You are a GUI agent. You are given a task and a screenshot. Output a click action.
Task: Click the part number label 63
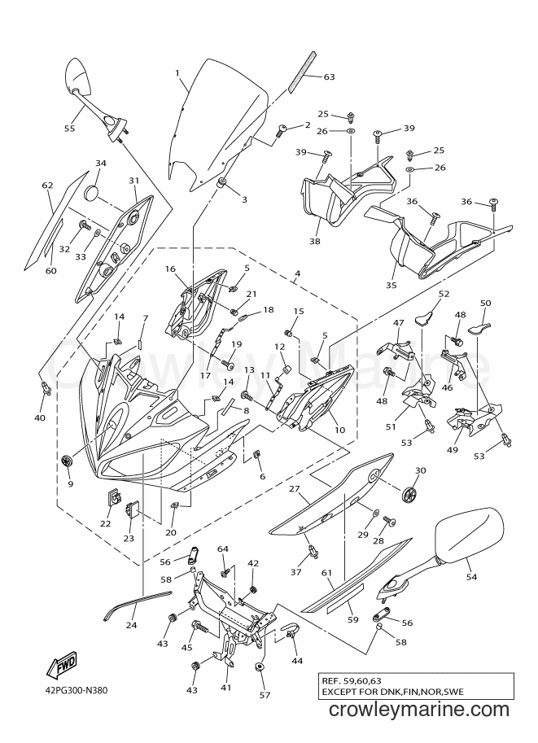click(x=330, y=76)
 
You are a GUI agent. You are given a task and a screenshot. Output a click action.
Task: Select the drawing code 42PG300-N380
click(x=73, y=690)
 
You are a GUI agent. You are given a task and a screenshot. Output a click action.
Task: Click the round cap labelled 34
click(x=92, y=194)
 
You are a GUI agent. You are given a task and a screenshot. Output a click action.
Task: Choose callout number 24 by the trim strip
click(x=132, y=625)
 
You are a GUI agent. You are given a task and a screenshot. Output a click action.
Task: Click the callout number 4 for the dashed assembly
click(x=297, y=274)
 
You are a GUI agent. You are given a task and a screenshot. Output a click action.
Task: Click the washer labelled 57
click(x=260, y=667)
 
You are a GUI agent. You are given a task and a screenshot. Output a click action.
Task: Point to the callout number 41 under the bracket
click(x=226, y=687)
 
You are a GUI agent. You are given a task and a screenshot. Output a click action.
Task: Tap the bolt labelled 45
click(x=201, y=628)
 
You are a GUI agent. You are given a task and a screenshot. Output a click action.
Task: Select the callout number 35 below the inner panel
click(x=391, y=286)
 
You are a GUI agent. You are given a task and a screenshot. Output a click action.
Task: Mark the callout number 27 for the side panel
click(x=295, y=488)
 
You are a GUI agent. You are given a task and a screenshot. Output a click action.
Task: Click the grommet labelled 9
click(x=68, y=459)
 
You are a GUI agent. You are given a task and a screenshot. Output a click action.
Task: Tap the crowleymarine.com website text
click(x=418, y=710)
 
